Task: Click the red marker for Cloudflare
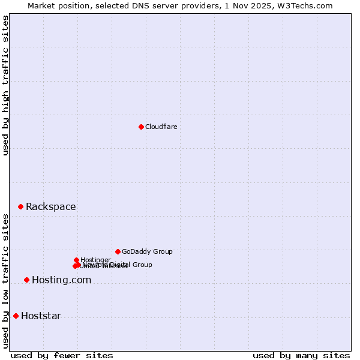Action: (141, 127)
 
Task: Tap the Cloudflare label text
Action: (161, 127)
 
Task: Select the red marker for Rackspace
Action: (20, 206)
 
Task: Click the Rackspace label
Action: (50, 207)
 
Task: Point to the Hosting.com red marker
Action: (26, 280)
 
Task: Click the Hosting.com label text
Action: (61, 280)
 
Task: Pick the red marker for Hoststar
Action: (16, 316)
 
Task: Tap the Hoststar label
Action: (41, 316)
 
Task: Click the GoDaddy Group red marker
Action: (118, 251)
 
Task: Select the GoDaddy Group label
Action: (147, 251)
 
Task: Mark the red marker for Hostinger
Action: (76, 260)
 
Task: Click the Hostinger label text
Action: (95, 260)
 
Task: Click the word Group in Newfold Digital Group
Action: (142, 265)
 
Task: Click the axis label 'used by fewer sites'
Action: (62, 355)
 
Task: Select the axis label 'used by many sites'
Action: (301, 355)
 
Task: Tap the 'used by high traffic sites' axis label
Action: (5, 85)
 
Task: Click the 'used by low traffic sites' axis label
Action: (5, 281)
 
